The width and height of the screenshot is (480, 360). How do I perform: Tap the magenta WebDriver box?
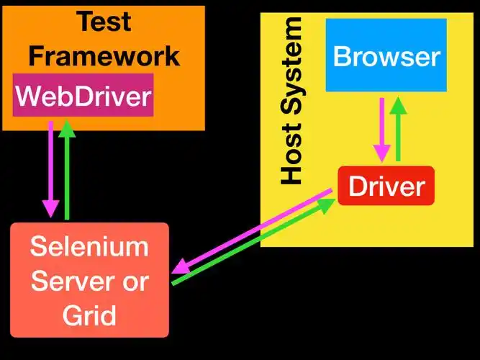pyautogui.click(x=83, y=95)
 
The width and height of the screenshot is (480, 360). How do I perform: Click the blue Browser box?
pyautogui.click(x=386, y=56)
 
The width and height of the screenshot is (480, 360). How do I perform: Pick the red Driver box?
pyautogui.click(x=386, y=186)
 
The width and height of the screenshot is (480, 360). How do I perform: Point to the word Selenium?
pyautogui.click(x=89, y=247)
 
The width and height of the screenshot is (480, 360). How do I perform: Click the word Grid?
pyautogui.click(x=89, y=315)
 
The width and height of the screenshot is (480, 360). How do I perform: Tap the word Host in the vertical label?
pyautogui.click(x=291, y=161)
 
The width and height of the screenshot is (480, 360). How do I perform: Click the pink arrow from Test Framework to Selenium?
pyautogui.click(x=50, y=169)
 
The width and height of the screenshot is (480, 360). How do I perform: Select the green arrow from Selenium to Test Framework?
pyautogui.click(x=67, y=169)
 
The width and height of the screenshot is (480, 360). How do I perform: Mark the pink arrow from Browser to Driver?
pyautogui.click(x=381, y=130)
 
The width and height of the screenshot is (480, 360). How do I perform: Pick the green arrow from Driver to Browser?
pyautogui.click(x=398, y=130)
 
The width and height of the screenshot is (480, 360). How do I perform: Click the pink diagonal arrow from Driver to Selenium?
pyautogui.click(x=252, y=229)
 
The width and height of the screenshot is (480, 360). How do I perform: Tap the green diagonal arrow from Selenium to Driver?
pyautogui.click(x=252, y=243)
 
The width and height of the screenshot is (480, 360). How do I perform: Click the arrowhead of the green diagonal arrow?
pyautogui.click(x=327, y=204)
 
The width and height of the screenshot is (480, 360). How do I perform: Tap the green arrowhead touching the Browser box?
pyautogui.click(x=398, y=104)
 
